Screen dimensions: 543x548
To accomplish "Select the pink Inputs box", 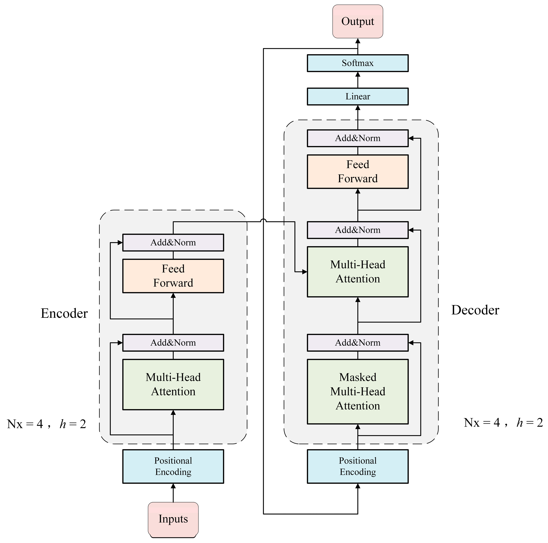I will tap(173, 519).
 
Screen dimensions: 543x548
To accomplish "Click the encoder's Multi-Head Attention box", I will tap(173, 384).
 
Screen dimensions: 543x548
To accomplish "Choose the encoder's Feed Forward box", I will tap(173, 276).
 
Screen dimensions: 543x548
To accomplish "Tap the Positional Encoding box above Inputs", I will tap(173, 466).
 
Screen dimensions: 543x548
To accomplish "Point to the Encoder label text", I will tap(64, 313).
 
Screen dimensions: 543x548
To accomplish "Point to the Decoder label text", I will tap(475, 310).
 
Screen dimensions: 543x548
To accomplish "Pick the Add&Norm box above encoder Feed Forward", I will tap(173, 242).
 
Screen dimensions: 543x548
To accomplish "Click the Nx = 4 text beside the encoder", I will tap(25, 424).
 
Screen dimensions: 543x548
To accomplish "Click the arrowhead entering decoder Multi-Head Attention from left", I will tap(304, 272).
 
